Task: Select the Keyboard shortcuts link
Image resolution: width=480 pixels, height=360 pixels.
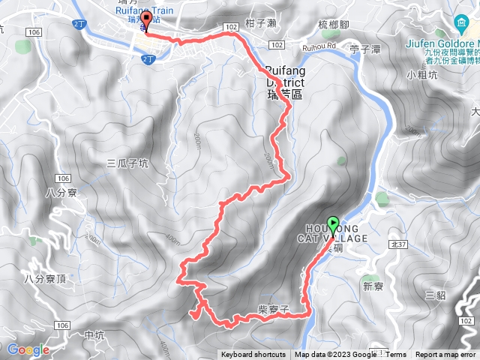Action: [x=253, y=355]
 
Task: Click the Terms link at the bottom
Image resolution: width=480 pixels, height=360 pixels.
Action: [x=396, y=355]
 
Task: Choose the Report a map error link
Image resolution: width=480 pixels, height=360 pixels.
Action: [x=446, y=355]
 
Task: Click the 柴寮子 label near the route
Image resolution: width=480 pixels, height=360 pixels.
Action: [x=273, y=318]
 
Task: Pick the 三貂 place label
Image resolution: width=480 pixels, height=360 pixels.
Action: [x=435, y=295]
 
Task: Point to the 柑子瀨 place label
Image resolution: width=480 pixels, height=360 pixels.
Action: [x=262, y=24]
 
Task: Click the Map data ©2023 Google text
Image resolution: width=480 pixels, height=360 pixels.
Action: [x=335, y=355]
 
